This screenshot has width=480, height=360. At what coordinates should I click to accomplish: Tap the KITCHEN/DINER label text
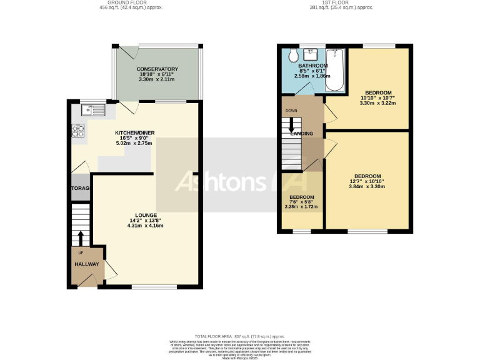click(x=134, y=132)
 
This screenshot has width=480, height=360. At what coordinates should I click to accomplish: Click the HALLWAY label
click(x=87, y=264)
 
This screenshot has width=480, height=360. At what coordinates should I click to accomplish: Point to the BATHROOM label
click(x=312, y=66)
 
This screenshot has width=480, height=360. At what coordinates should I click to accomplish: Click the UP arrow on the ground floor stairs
click(x=81, y=238)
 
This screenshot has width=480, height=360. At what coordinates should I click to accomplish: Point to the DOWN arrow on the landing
click(x=292, y=127)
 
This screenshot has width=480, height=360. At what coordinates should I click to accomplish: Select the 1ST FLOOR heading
click(x=334, y=3)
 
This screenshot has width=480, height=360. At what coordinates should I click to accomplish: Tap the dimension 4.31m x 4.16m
click(x=146, y=226)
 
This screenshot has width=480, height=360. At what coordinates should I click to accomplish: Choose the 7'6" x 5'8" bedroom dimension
click(x=301, y=202)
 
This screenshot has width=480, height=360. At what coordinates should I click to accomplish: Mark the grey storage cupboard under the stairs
click(x=81, y=189)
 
